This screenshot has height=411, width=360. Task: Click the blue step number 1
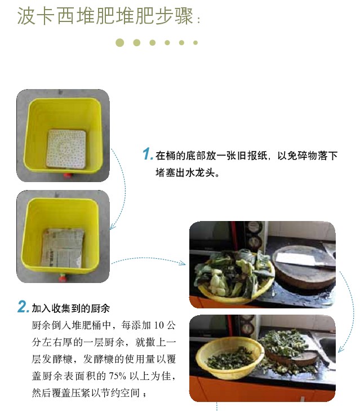pyautogui.click(x=147, y=154)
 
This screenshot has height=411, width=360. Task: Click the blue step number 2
pyautogui.click(x=23, y=306)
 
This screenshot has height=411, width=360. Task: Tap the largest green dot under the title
pyautogui.click(x=120, y=43)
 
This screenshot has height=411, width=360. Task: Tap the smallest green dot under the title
pyautogui.click(x=195, y=43)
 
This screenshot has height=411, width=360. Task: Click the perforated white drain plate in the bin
pyautogui.click(x=66, y=149)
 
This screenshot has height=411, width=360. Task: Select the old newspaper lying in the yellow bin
pyautogui.click(x=63, y=248)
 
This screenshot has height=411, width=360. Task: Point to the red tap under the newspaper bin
pyautogui.click(x=63, y=278)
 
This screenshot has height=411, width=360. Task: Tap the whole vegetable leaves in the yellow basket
pyautogui.click(x=233, y=273)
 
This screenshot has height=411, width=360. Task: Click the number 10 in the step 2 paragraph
pyautogui.click(x=159, y=325)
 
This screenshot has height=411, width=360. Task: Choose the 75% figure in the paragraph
pyautogui.click(x=117, y=376)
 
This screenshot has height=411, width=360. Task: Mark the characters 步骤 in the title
pyautogui.click(x=175, y=16)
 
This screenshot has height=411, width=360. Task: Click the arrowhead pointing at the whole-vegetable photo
pyautogui.click(x=183, y=263)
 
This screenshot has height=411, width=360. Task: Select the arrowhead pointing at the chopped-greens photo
pyautogui.click(x=341, y=349)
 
